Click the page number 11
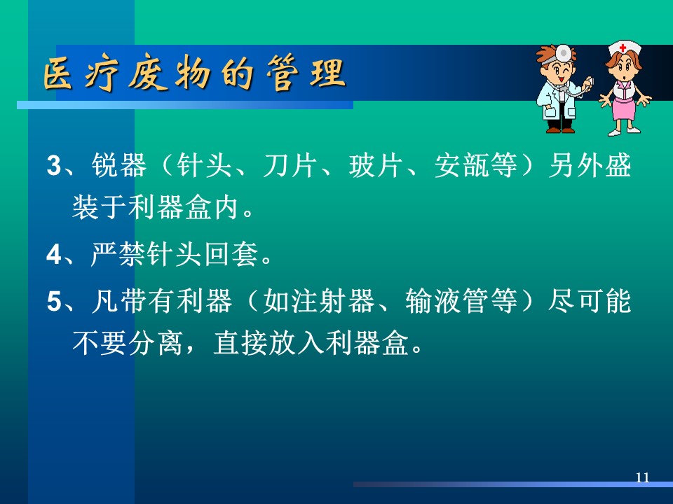643,477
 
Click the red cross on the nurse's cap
623,48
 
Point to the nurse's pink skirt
623,109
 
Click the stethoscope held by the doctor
575,88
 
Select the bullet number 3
54,165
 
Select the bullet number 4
54,255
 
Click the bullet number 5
54,300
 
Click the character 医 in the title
58,73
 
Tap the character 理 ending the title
327,73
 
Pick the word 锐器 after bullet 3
119,165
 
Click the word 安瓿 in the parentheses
462,165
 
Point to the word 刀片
290,165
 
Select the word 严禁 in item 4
118,255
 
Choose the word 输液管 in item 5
447,300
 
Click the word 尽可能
590,300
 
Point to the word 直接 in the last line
240,343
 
